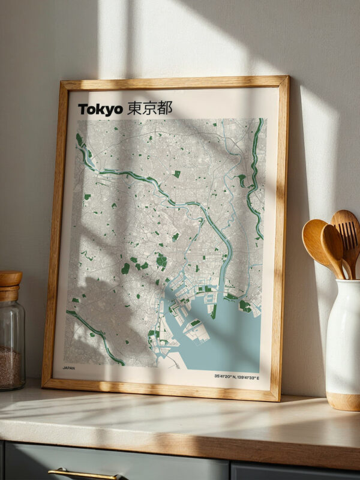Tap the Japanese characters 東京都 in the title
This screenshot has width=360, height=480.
(149, 108)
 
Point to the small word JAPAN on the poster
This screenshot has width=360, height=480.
(69, 367)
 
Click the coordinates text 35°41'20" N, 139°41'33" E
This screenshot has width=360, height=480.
(236, 377)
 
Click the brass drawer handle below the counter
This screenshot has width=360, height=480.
(84, 474)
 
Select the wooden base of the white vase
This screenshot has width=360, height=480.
(343, 401)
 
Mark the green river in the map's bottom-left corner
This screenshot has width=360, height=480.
(96, 336)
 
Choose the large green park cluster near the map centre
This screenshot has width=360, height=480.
(161, 260)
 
